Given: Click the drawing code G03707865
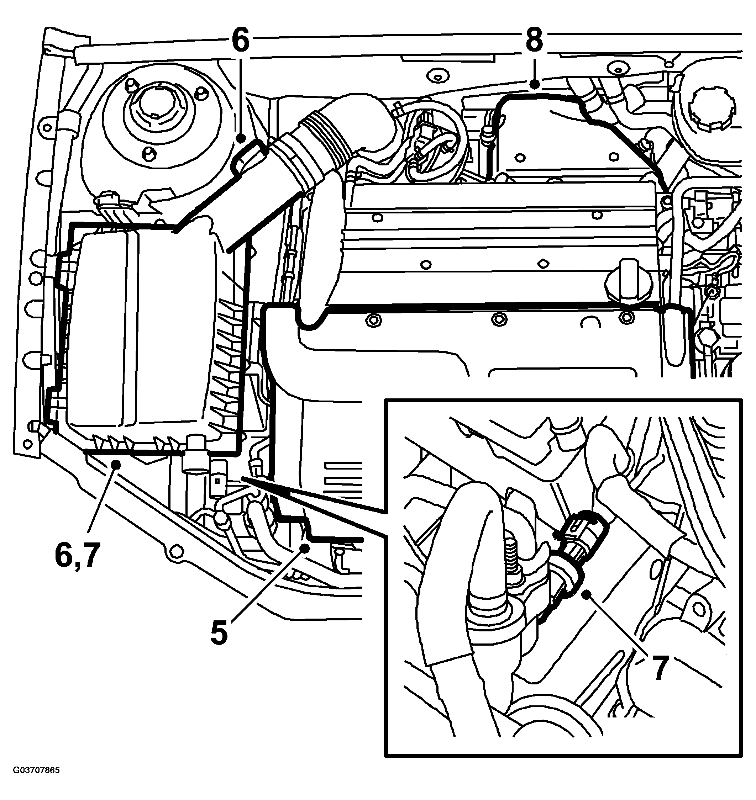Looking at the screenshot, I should point(36,782).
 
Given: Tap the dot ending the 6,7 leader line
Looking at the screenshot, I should point(117,465).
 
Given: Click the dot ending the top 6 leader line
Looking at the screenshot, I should point(241,139).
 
